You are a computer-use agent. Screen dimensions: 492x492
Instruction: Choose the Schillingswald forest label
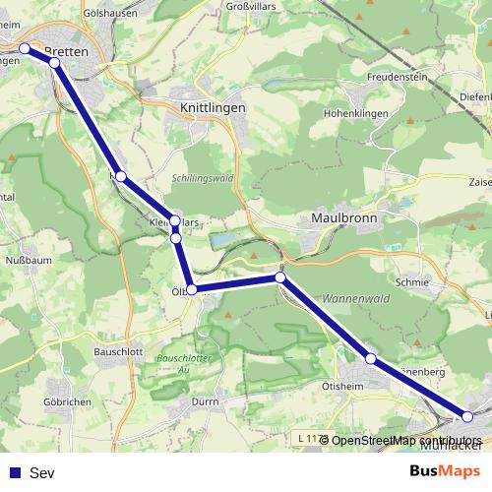[203, 179]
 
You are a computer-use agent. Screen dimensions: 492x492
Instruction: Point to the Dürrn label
[205, 401]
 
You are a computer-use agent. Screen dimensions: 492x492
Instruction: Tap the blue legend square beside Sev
[13, 472]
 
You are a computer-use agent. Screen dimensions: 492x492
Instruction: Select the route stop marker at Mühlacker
[467, 417]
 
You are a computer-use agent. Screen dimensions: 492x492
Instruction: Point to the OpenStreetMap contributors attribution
[405, 440]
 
